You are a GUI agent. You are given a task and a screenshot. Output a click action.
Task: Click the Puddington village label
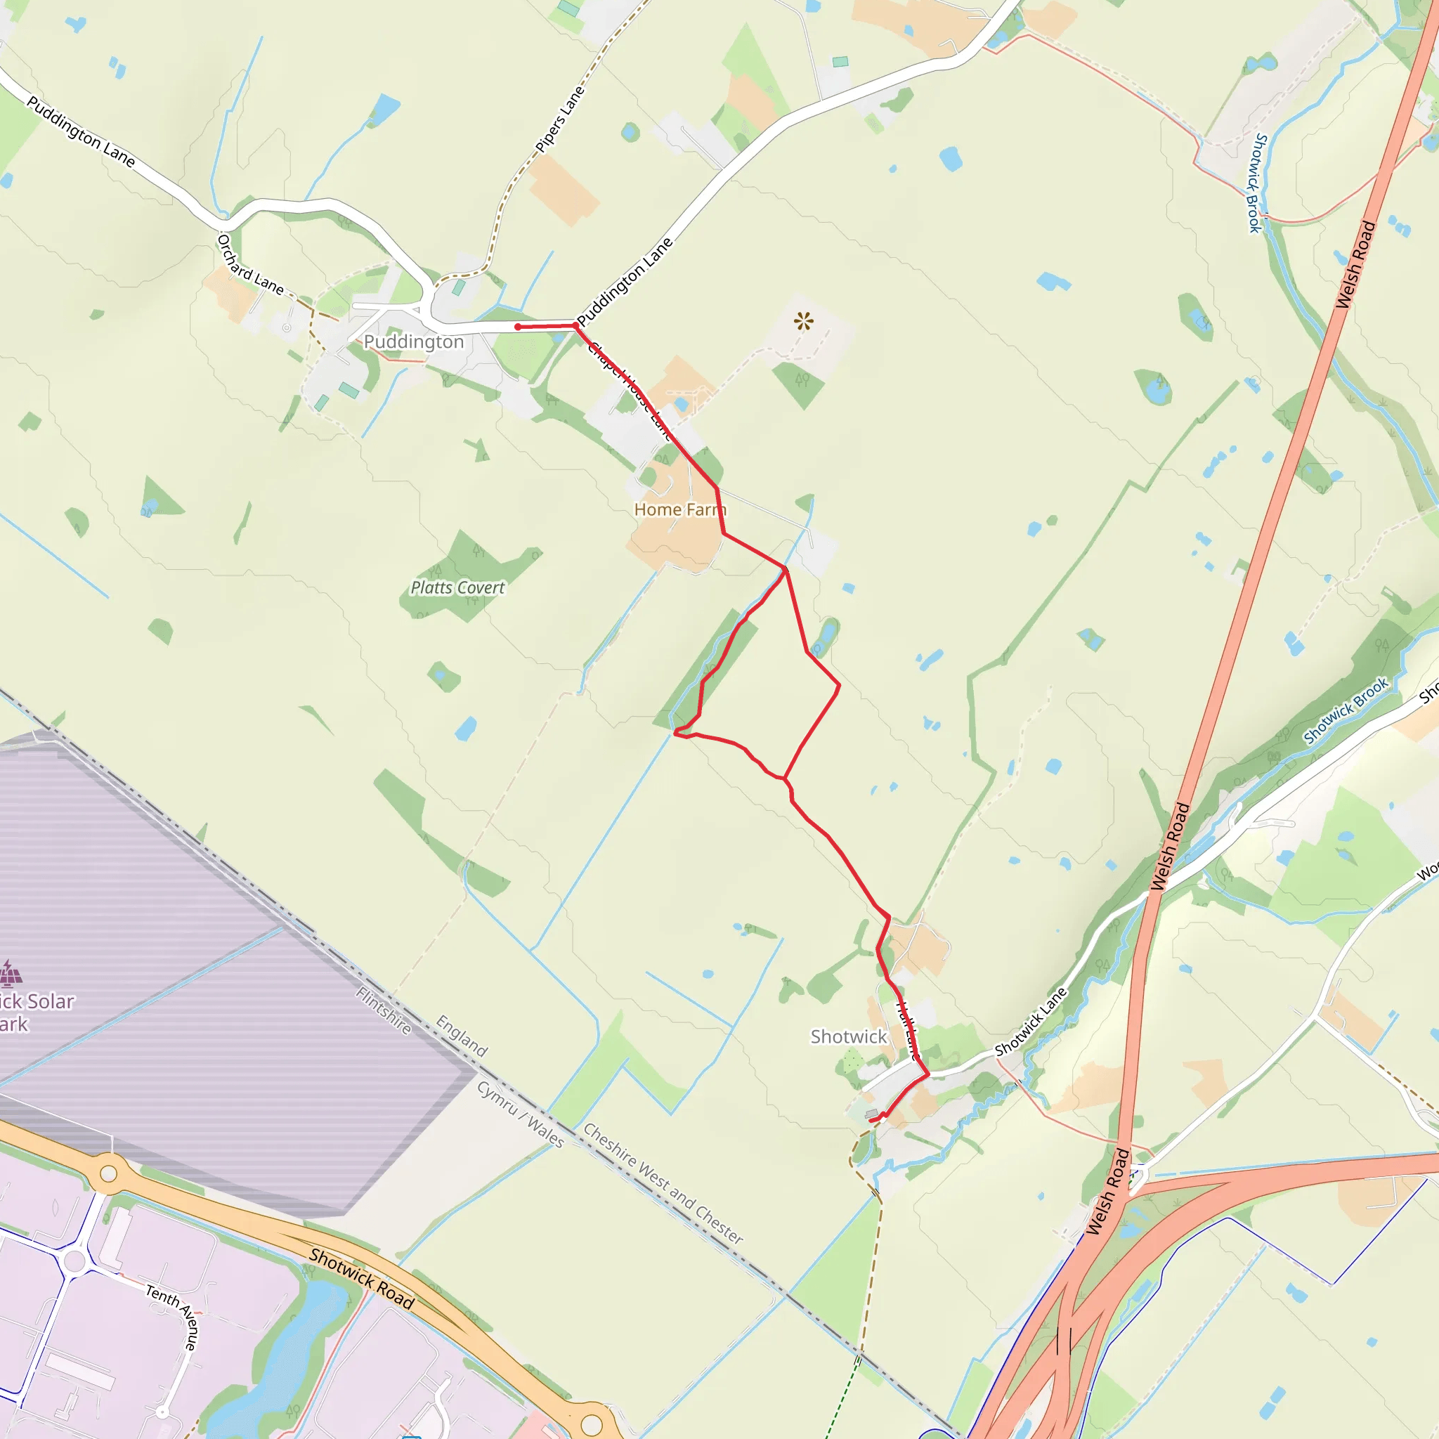[413, 342]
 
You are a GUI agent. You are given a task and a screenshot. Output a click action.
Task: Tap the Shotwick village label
[848, 1036]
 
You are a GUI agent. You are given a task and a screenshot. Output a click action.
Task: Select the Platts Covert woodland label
[457, 587]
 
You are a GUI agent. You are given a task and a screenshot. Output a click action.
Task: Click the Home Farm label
[679, 509]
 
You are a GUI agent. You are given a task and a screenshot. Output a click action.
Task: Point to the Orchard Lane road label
[249, 264]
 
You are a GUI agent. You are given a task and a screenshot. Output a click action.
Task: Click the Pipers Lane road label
[560, 119]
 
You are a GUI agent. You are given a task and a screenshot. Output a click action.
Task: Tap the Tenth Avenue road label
[172, 1316]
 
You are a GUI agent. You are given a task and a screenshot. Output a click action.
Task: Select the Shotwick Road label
[361, 1278]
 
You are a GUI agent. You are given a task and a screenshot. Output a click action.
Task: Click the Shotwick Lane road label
[1031, 1021]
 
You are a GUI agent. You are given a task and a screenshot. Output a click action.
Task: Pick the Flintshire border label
[384, 1010]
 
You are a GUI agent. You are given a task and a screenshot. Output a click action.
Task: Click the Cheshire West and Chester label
[663, 1183]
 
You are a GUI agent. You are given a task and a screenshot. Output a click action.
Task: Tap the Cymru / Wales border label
[521, 1114]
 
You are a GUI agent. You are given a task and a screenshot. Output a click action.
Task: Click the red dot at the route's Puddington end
[518, 327]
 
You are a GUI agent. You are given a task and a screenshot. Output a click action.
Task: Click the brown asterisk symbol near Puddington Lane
[804, 322]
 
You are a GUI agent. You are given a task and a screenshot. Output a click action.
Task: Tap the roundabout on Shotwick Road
[109, 1174]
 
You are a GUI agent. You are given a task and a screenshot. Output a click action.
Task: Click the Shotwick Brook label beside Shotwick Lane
[1345, 710]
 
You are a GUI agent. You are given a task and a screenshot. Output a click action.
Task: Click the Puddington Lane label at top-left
[80, 131]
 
